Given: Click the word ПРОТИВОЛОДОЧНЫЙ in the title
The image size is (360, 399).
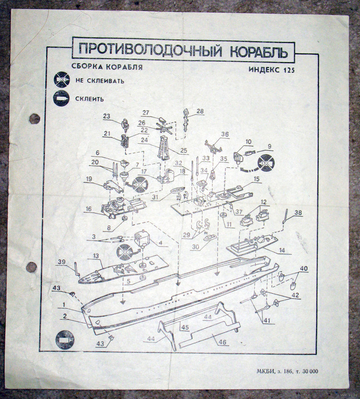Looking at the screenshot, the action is pyautogui.click(x=150, y=50).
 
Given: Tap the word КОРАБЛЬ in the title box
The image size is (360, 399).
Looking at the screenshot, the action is pyautogui.click(x=259, y=52).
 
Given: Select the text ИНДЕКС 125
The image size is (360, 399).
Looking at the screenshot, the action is pyautogui.click(x=271, y=70).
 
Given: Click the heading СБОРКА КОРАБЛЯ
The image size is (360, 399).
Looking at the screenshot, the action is pyautogui.click(x=107, y=67).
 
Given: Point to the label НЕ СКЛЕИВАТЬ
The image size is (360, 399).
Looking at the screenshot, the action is pyautogui.click(x=100, y=81).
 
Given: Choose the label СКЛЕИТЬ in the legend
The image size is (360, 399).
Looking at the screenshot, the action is pyautogui.click(x=90, y=99).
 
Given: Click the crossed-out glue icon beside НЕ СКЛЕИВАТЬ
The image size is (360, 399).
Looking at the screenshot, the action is pyautogui.click(x=62, y=79).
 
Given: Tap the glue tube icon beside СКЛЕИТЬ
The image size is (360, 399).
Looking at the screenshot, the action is pyautogui.click(x=61, y=98).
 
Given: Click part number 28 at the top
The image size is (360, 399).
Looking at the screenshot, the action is pyautogui.click(x=200, y=111).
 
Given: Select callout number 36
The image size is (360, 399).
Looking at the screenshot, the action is pyautogui.click(x=225, y=134).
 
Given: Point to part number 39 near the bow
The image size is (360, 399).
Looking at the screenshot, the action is pyautogui.click(x=62, y=262).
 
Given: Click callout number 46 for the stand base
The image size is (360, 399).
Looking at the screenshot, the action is pyautogui.click(x=222, y=342).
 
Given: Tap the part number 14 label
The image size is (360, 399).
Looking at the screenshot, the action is pyautogui.click(x=282, y=250).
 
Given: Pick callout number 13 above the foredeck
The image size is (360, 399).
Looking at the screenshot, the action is pyautogui.click(x=95, y=255).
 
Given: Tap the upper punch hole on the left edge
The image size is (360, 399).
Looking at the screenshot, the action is pyautogui.click(x=34, y=119).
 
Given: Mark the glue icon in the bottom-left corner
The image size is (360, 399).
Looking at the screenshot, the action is pyautogui.click(x=64, y=340).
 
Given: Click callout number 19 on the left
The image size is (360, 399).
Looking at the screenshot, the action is pyautogui.click(x=89, y=179).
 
